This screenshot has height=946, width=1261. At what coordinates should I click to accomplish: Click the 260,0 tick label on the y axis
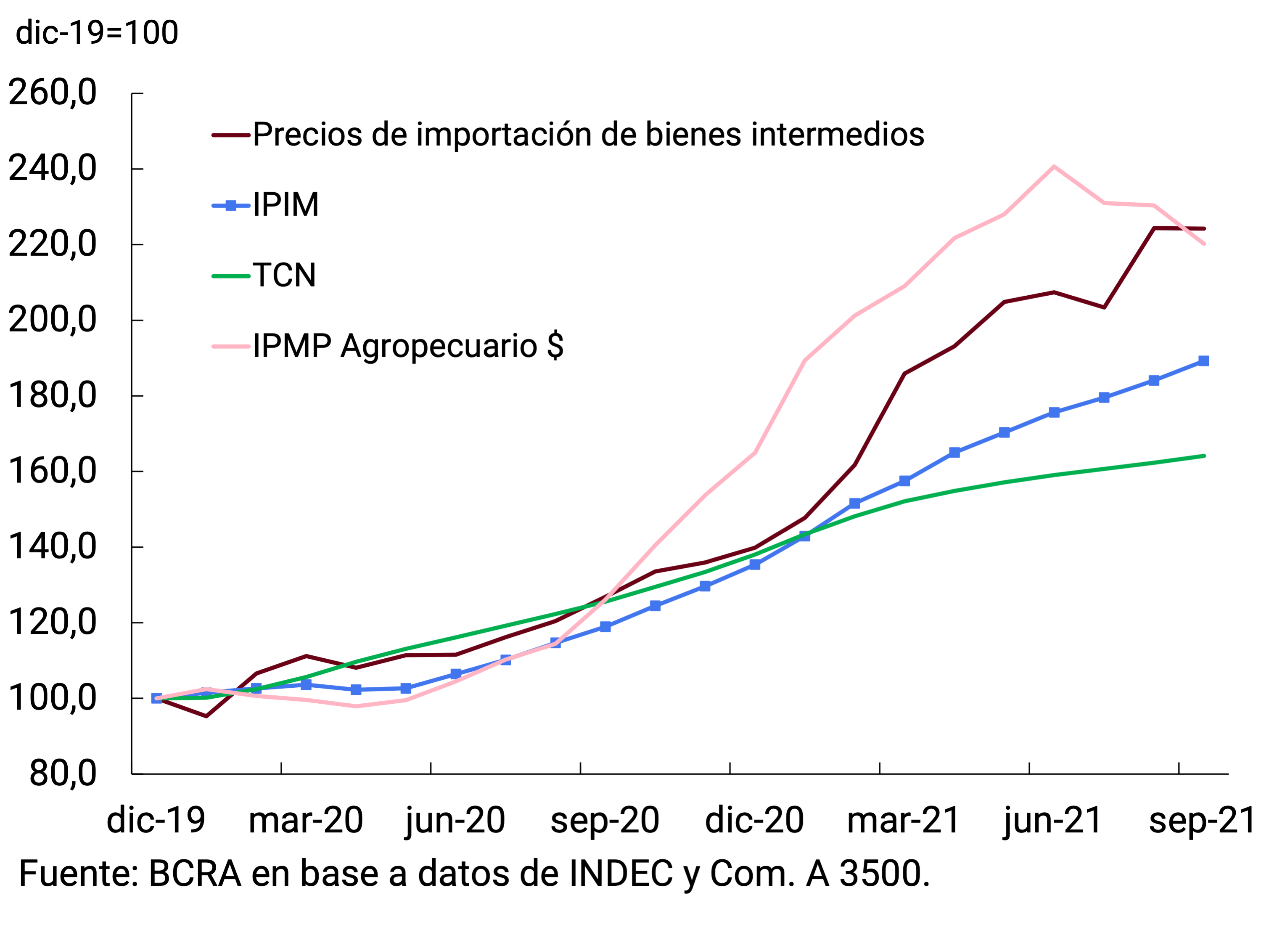coord(53,93)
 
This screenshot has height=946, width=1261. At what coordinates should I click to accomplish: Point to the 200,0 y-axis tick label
coord(53,320)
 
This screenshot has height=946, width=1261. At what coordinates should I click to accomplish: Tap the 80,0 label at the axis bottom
coord(63,774)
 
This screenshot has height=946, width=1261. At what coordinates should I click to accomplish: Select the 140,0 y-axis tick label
coord(53,547)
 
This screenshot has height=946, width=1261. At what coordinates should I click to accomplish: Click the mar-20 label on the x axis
coord(306,821)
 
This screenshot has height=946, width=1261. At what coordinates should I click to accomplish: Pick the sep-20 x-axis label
coord(605,821)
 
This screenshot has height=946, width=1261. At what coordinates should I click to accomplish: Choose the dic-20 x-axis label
coord(754,821)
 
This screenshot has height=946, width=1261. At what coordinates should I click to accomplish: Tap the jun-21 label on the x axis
coord(1052,821)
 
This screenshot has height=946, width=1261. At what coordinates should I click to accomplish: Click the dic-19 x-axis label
coord(156,821)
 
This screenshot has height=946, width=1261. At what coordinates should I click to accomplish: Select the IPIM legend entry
coord(286,205)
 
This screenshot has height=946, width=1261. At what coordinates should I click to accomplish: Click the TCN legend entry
coord(284,276)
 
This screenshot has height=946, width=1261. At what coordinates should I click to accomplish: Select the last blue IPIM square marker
coord(1203,361)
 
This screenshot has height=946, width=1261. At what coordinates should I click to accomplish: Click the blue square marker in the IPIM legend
coord(231,206)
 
